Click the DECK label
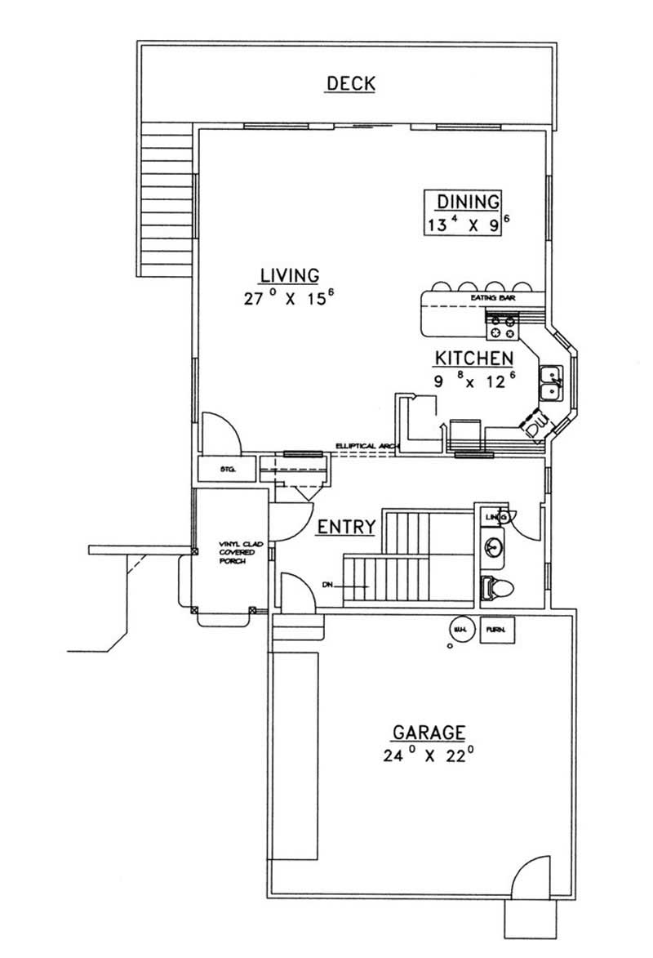tap(350, 83)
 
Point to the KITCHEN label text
tap(473, 358)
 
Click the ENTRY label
tap(346, 527)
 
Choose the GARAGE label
tap(429, 731)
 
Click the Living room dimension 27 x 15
tap(289, 298)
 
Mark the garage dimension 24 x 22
tap(429, 755)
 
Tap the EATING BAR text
tap(493, 300)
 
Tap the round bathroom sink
tap(492, 546)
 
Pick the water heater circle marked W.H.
tap(460, 629)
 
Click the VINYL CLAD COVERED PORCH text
tap(236, 552)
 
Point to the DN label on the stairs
tap(327, 584)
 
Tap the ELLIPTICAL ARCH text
tap(364, 446)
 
